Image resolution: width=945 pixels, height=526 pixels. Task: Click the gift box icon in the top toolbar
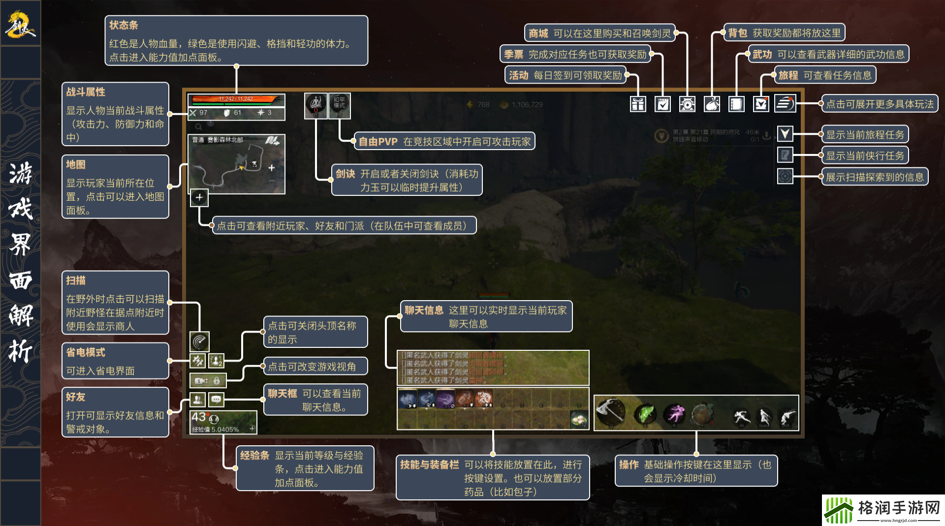(x=638, y=104)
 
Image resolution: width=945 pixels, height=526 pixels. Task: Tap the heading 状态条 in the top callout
(x=124, y=25)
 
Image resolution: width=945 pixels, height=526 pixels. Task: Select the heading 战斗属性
(x=86, y=92)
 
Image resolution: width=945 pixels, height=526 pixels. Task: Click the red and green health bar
(x=236, y=99)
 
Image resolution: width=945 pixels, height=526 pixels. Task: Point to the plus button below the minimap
(x=199, y=197)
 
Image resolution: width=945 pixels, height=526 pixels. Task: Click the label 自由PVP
(x=378, y=142)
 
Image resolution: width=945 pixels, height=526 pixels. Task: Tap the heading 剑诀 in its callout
(x=346, y=174)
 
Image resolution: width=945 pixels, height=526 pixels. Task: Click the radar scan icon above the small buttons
(x=199, y=340)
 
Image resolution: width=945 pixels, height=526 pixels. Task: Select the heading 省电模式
(x=86, y=352)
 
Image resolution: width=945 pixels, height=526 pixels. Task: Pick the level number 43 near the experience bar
(x=199, y=417)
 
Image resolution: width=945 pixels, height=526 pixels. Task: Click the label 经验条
(x=254, y=456)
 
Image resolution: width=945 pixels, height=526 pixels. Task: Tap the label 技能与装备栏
(x=429, y=464)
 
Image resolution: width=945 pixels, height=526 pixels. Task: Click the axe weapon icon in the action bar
(x=610, y=411)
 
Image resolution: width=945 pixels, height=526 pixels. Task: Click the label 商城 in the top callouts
(x=538, y=33)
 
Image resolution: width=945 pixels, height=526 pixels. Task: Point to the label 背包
(x=737, y=33)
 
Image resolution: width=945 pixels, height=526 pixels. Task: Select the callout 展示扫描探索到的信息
(x=875, y=177)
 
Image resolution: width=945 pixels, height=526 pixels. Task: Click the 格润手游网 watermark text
(x=899, y=507)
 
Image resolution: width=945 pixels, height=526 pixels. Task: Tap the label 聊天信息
(x=424, y=310)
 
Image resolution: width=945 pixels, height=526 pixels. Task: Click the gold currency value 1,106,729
(x=527, y=105)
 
